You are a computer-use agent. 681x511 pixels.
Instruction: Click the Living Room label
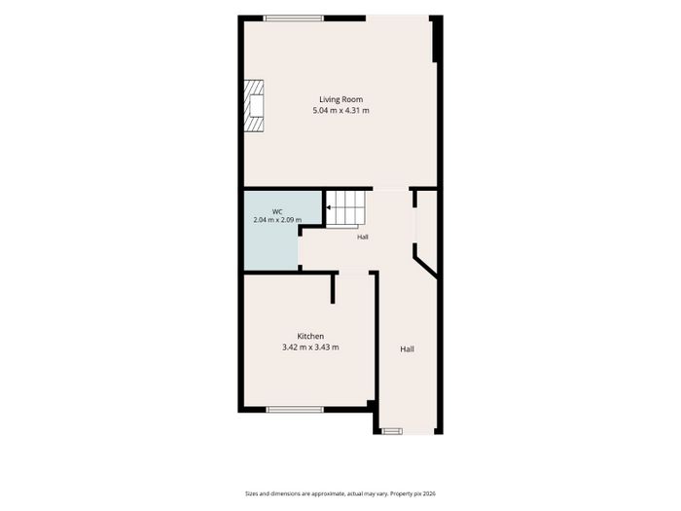pos(340,99)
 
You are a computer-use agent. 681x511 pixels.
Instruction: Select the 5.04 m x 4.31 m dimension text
pos(340,110)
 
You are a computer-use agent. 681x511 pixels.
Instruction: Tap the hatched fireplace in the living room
pos(254,105)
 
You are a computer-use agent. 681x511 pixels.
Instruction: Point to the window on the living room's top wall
pos(294,18)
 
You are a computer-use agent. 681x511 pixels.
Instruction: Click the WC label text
pos(277,211)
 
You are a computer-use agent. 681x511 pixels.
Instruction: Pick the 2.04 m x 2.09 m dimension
pos(277,220)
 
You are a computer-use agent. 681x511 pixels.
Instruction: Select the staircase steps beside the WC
pos(345,209)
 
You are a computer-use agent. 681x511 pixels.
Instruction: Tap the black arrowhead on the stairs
pos(329,207)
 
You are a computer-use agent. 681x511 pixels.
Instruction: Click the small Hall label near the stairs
pos(363,237)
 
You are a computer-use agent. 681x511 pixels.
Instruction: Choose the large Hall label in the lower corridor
pos(407,348)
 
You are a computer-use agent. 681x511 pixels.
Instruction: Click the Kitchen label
pos(310,337)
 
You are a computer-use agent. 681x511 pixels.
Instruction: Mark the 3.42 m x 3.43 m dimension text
pos(310,347)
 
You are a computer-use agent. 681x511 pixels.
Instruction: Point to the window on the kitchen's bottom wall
pos(295,410)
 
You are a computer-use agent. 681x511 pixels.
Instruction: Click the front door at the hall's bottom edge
pos(392,431)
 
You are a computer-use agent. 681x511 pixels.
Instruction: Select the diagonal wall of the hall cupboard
pos(425,266)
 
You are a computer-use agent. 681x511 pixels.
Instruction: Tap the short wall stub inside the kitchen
pos(333,288)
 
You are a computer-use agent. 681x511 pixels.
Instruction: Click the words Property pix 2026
pos(412,493)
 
